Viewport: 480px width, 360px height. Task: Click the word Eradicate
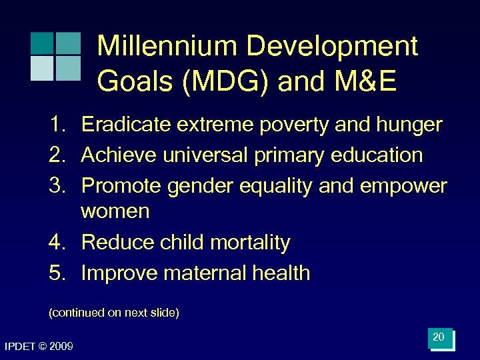point(123,125)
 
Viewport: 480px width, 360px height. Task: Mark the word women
point(115,212)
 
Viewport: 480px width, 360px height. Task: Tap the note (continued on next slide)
point(114,313)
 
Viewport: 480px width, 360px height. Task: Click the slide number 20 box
point(440,338)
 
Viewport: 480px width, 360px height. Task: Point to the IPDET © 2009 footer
point(39,346)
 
